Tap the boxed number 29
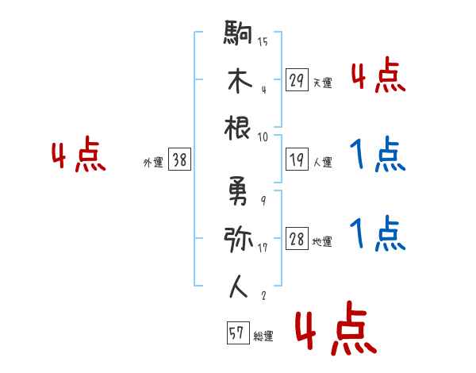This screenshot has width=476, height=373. coord(297,80)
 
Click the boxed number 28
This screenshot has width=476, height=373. coord(297,239)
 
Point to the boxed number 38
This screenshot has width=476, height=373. coord(180,160)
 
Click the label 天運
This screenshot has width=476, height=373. coord(322,83)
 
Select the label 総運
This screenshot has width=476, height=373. coord(263,336)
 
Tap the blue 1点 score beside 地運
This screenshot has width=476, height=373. coord(378,234)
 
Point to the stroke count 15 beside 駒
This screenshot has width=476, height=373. coord(263,42)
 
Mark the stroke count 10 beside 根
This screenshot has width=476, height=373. coord(263,136)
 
